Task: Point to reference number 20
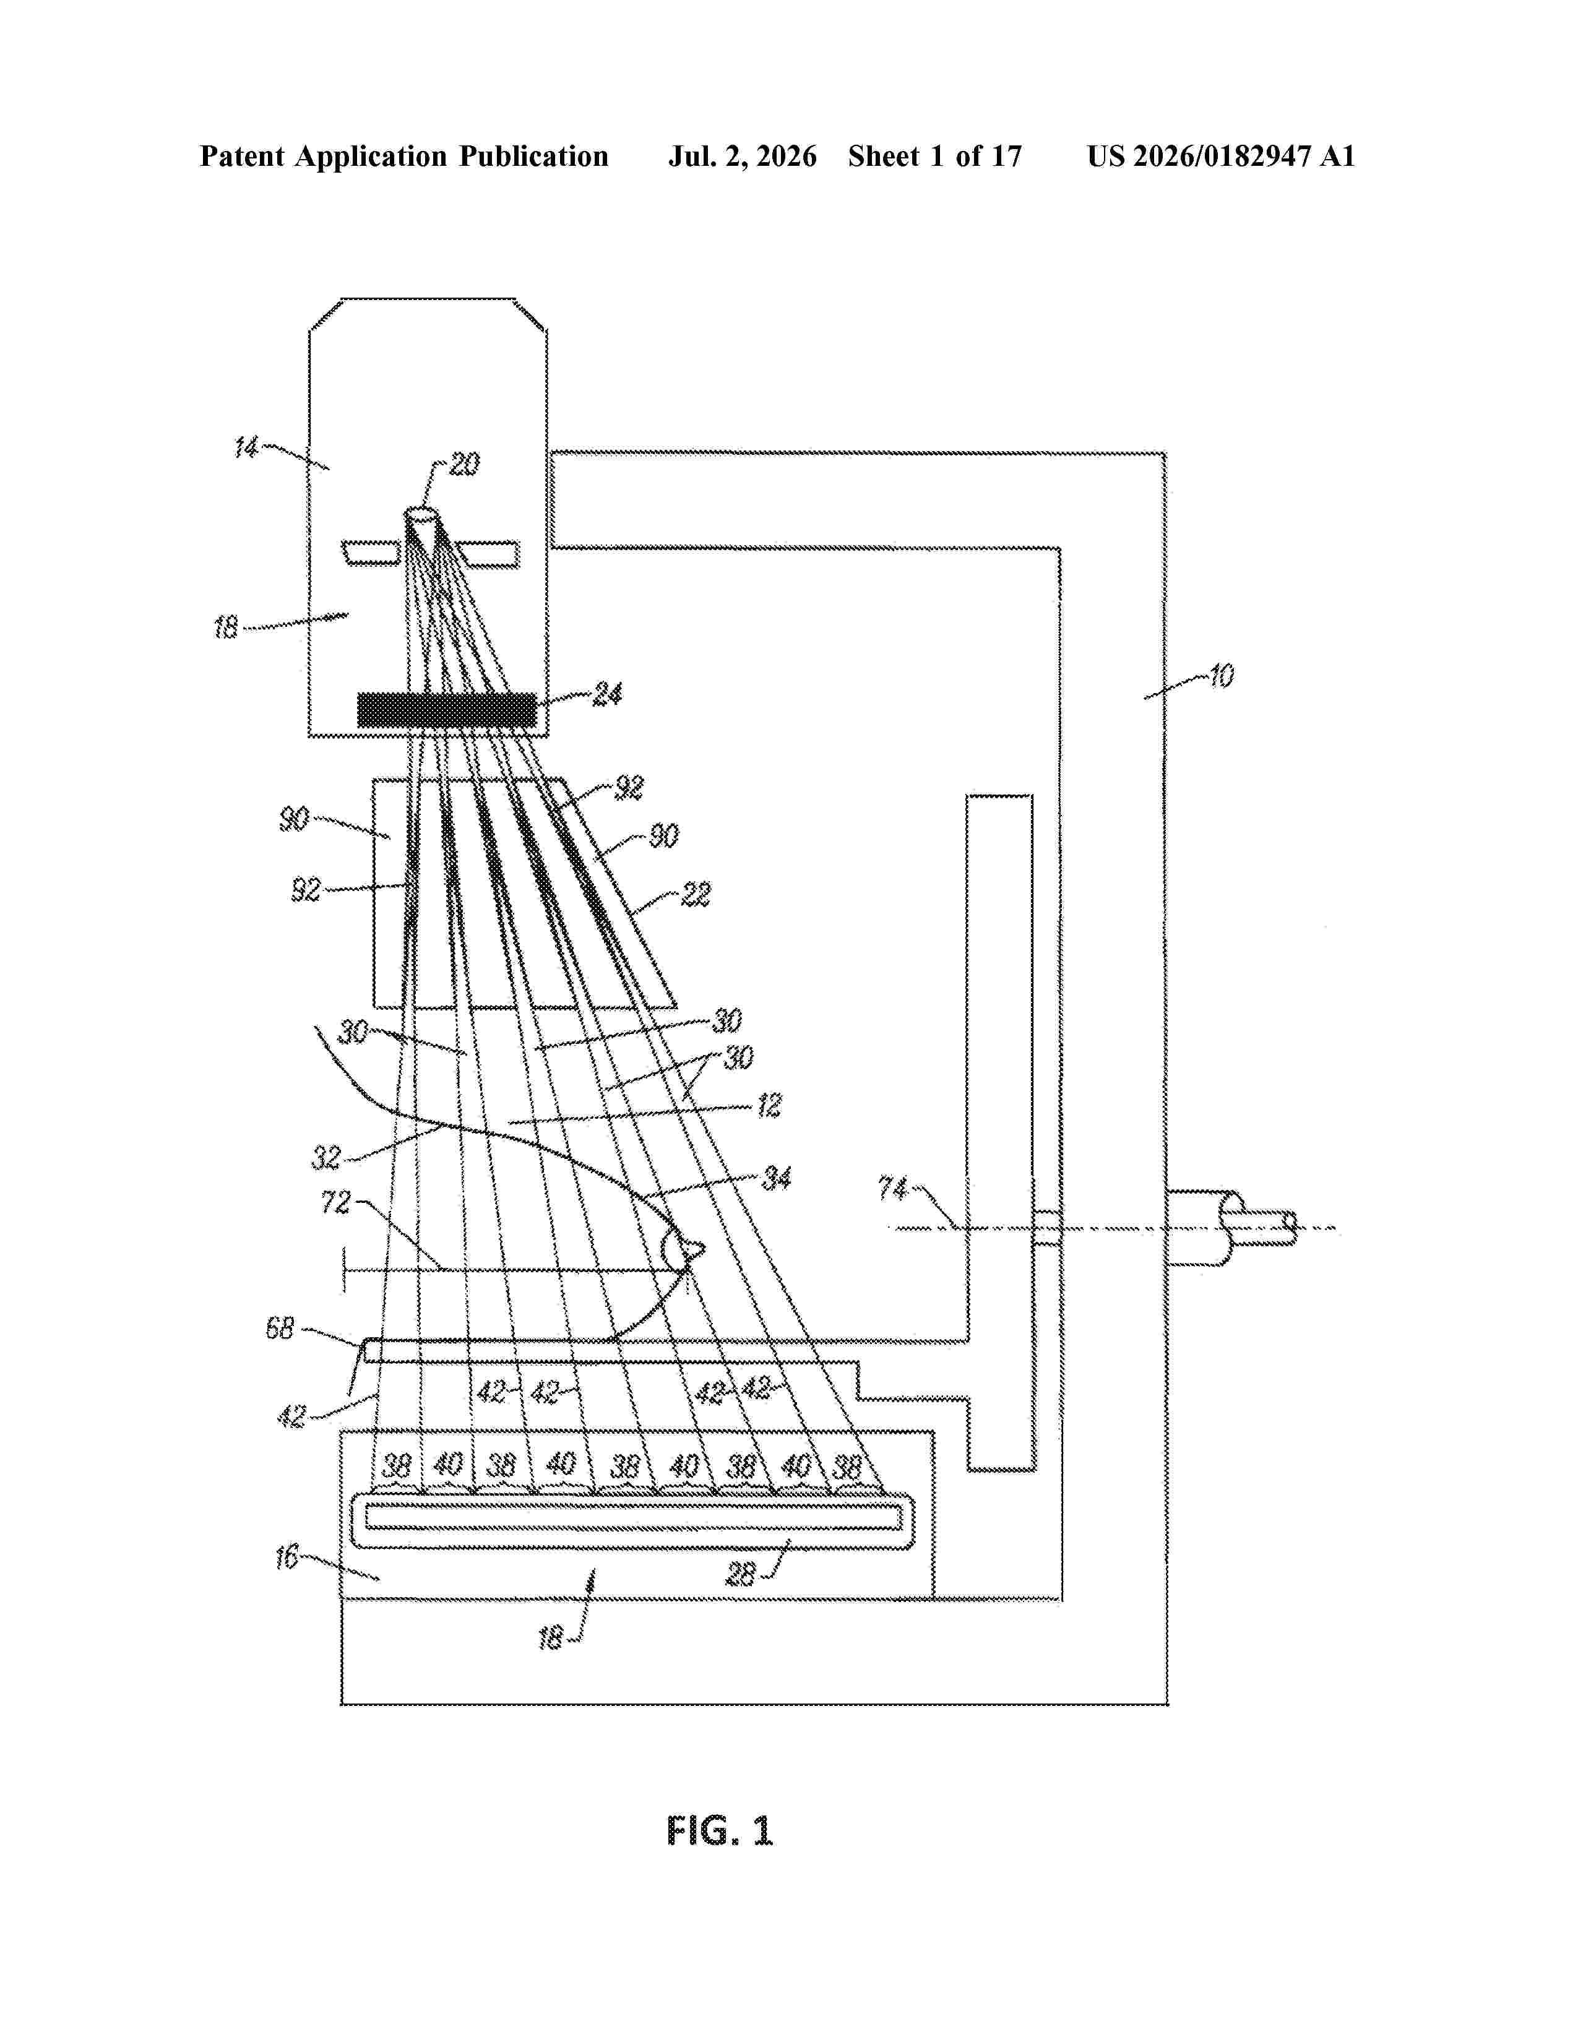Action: (x=465, y=463)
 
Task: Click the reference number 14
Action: (x=246, y=448)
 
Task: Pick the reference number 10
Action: (x=1221, y=675)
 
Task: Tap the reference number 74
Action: (x=893, y=1188)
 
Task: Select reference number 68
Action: (x=280, y=1328)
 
